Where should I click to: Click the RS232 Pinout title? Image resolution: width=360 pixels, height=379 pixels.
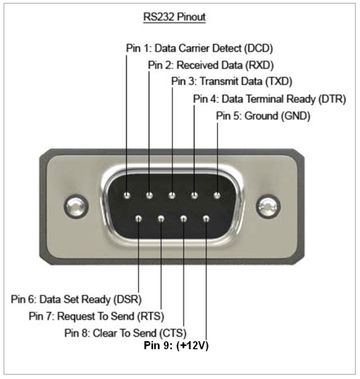[x=174, y=17]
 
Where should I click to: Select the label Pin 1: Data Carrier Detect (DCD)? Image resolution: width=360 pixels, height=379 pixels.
[x=200, y=48]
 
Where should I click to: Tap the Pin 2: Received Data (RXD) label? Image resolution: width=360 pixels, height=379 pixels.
[x=211, y=65]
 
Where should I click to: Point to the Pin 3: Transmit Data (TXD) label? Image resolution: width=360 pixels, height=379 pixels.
[x=232, y=82]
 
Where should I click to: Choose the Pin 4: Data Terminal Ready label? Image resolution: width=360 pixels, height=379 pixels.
[x=270, y=99]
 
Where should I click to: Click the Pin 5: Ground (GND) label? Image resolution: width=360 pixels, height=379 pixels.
[x=263, y=116]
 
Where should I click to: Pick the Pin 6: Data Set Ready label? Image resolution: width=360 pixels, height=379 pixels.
[x=77, y=300]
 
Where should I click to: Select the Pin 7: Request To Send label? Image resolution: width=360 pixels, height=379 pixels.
[x=96, y=316]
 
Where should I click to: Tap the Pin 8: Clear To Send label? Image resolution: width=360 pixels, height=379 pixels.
[x=125, y=333]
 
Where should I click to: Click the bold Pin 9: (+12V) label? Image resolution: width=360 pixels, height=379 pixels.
[x=176, y=345]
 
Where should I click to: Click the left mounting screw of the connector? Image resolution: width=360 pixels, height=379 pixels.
[x=76, y=206]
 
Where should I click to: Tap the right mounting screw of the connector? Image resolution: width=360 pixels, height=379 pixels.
[x=268, y=206]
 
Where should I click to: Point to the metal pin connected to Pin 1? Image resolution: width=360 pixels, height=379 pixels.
[x=127, y=195]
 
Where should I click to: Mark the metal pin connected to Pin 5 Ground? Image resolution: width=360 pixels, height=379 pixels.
[x=217, y=195]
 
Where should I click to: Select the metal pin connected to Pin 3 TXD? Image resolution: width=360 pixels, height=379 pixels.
[x=172, y=195]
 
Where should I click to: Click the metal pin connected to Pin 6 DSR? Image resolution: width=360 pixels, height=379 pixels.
[x=138, y=219]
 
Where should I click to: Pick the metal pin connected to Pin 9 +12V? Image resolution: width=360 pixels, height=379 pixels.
[x=206, y=219]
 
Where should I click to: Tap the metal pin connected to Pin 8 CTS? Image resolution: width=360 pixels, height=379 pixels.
[x=184, y=219]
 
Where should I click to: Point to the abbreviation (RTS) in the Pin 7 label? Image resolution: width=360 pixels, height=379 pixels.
[x=151, y=316]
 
